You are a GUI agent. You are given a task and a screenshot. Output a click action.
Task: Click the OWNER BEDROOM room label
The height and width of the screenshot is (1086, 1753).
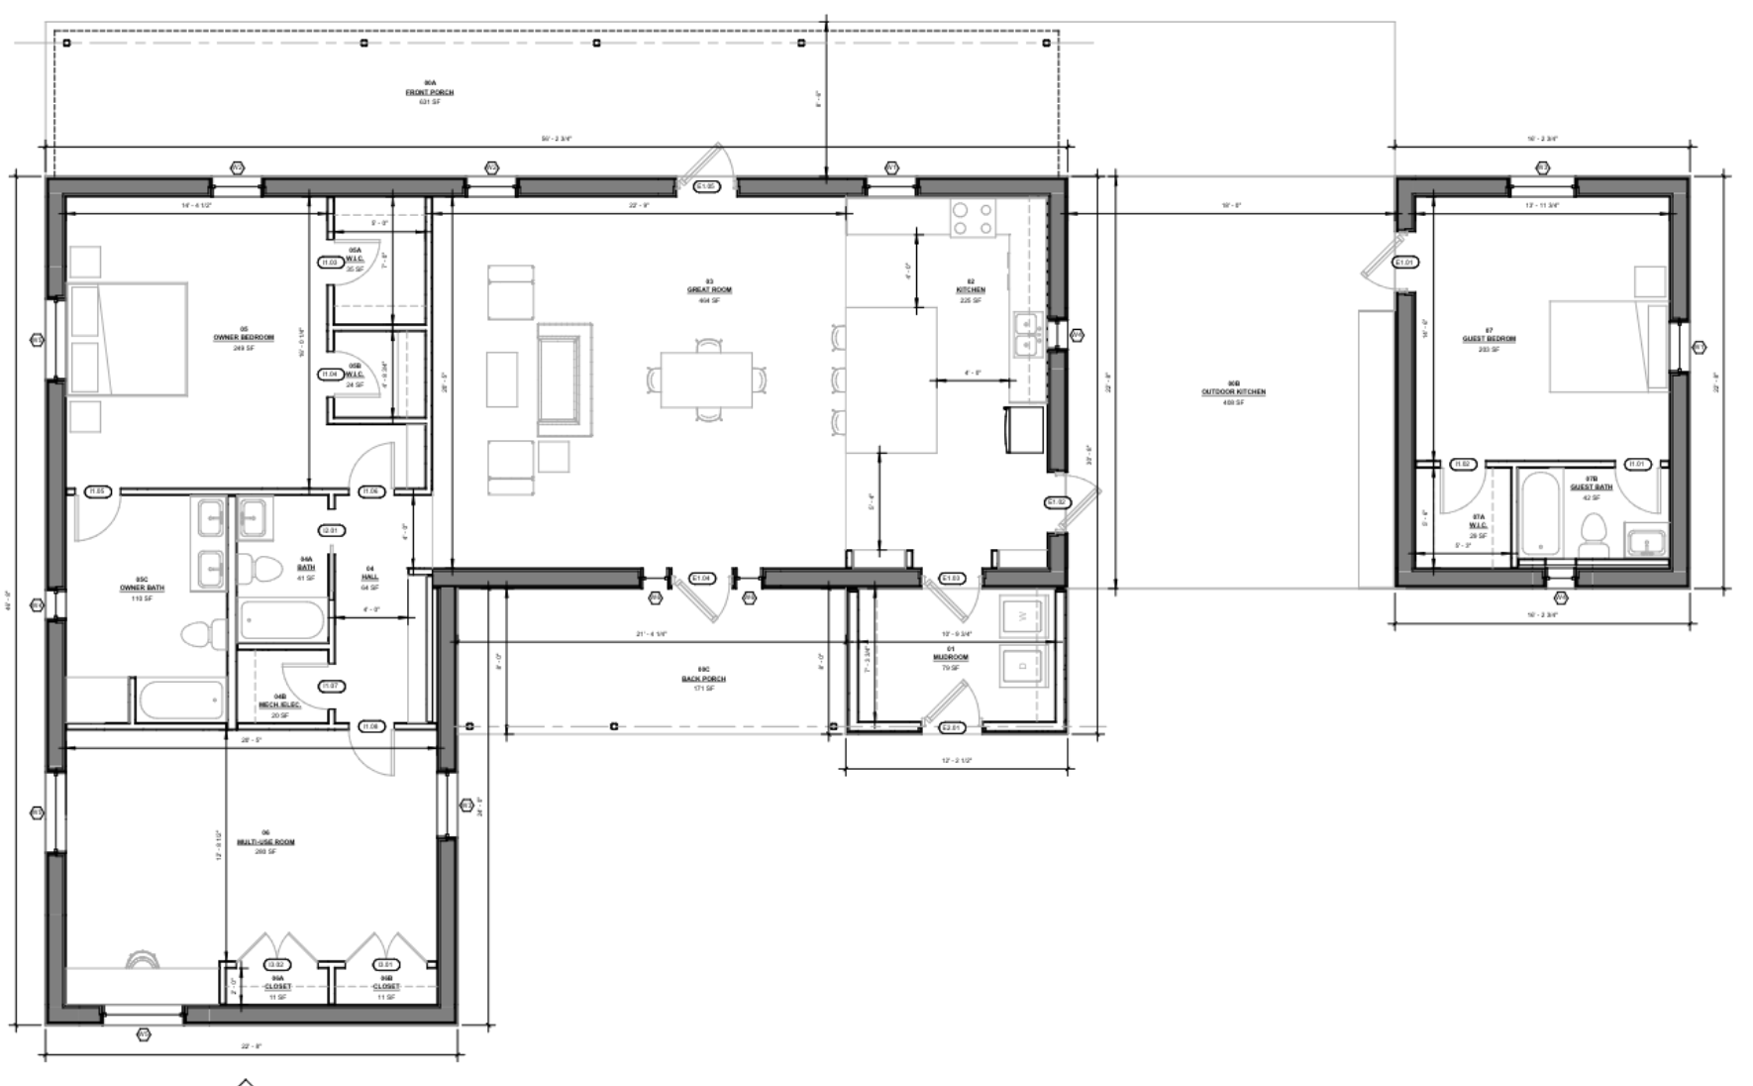point(244,337)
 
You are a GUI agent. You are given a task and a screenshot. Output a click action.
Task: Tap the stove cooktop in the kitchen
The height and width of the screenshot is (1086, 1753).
point(972,219)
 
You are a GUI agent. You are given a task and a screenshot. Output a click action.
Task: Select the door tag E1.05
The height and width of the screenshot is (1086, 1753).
point(706,186)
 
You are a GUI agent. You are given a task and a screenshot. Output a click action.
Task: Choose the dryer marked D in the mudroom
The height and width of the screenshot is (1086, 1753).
point(1022,666)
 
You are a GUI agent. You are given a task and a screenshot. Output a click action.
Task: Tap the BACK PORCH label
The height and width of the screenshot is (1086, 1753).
point(703,679)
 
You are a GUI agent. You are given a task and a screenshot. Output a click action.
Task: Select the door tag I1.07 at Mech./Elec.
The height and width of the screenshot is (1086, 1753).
point(331,686)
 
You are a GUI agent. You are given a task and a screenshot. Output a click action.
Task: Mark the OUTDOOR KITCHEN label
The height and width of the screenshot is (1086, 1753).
point(1233,392)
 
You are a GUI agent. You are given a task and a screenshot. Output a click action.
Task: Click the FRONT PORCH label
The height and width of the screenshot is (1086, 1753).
point(429,92)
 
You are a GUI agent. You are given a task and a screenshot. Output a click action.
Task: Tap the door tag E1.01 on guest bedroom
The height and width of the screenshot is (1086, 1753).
point(1404,263)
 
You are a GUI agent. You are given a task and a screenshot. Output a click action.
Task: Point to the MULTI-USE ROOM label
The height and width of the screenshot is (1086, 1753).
point(265,842)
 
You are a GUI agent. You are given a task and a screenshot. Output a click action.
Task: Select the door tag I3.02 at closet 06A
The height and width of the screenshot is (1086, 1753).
point(277,964)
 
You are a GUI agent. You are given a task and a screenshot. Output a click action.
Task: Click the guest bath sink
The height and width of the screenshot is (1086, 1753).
point(1646,543)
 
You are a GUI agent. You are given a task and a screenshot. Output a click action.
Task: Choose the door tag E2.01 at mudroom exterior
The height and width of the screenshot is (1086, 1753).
point(951,727)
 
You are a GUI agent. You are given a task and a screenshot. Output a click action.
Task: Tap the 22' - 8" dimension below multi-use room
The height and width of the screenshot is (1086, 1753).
point(250,1046)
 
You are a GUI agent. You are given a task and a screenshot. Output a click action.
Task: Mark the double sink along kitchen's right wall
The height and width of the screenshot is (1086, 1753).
point(1026,334)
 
